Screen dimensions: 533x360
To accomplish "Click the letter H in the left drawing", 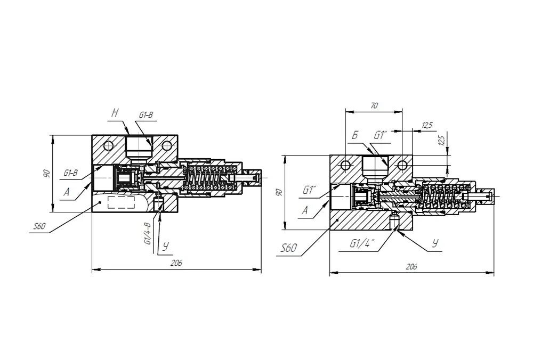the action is [x=115, y=112].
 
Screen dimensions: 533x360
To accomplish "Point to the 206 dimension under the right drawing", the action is [x=411, y=267].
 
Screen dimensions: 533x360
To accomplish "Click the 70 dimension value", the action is [x=374, y=106].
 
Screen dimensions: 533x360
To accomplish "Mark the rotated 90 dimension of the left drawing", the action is [x=47, y=174].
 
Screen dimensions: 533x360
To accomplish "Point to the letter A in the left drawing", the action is [x=67, y=193].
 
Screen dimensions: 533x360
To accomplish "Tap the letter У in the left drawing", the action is [x=166, y=246].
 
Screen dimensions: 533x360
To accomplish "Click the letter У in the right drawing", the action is [x=435, y=244].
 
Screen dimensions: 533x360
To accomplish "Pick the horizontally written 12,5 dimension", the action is [x=426, y=125].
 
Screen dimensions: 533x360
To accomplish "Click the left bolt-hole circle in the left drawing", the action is [x=109, y=145].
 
